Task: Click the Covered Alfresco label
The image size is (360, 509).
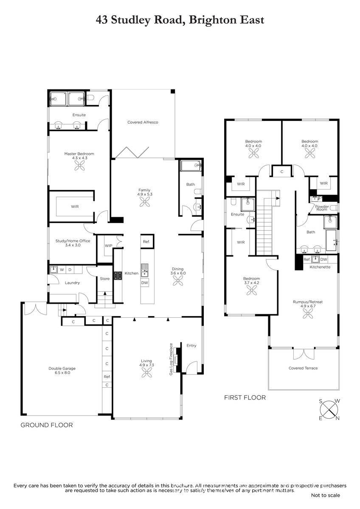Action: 143,122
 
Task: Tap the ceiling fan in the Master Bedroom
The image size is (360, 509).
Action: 79,165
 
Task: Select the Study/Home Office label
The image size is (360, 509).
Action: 73,241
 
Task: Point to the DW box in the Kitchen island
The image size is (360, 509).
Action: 145,283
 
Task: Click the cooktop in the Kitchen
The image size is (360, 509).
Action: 118,276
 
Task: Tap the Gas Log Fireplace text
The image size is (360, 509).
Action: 171,359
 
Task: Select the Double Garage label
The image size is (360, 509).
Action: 62,368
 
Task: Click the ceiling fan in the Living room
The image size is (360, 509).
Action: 147,373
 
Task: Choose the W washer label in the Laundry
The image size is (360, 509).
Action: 62,270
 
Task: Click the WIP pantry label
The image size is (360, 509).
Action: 109,246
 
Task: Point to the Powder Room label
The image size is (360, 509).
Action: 322,208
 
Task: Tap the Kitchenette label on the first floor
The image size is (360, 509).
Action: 320,267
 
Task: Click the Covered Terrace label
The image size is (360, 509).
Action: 303,368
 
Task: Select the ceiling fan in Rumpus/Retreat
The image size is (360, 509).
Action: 308,314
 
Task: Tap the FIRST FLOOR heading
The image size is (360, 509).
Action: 245,397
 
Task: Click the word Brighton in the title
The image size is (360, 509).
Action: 212,20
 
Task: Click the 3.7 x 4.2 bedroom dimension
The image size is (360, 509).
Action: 251,283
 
